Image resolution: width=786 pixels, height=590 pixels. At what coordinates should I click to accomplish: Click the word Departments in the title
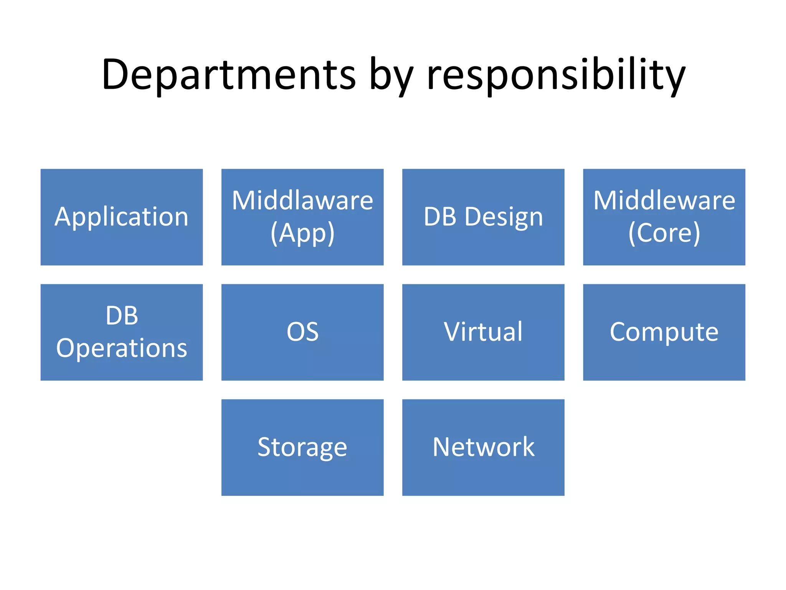tap(229, 75)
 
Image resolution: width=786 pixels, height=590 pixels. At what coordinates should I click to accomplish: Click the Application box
tap(121, 217)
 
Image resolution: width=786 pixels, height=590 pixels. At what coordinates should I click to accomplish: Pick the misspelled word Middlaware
tap(302, 201)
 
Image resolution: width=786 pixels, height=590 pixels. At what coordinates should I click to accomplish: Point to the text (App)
tap(302, 233)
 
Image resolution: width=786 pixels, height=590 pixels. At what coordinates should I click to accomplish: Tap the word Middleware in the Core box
tap(664, 201)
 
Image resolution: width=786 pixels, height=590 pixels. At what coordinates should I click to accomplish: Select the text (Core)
tap(664, 233)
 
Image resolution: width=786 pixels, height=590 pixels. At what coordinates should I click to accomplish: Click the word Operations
tap(121, 348)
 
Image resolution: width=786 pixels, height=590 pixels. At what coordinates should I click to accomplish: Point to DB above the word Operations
tap(121, 316)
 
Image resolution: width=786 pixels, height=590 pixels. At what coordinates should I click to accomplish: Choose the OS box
tap(302, 332)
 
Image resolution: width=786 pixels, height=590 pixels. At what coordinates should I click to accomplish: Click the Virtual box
tap(483, 332)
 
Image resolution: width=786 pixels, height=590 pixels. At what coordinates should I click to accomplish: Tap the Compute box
tap(664, 332)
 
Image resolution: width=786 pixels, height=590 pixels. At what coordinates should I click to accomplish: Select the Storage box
tap(302, 447)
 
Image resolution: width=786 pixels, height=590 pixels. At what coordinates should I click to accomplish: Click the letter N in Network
tap(441, 447)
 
